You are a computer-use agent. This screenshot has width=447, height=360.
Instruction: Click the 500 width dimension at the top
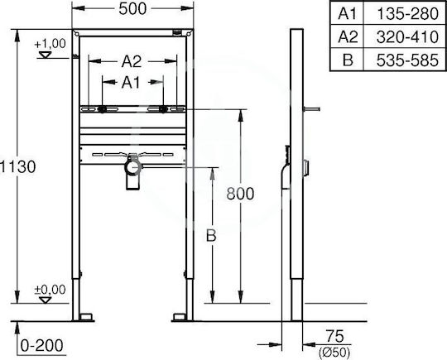132,9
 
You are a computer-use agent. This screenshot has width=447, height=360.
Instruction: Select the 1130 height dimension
17,166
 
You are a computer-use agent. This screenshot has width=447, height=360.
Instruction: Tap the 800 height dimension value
240,194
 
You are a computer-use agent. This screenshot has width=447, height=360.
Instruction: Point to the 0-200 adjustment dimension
42,346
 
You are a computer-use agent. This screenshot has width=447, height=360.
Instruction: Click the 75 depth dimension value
335,336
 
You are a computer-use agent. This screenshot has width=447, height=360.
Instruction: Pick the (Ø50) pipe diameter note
334,353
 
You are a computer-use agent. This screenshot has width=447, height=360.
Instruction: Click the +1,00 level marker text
50,44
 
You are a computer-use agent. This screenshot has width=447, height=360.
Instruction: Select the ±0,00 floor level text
50,290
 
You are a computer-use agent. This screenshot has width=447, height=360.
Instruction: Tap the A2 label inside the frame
132,61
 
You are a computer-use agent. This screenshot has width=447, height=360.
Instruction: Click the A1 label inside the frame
131,83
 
